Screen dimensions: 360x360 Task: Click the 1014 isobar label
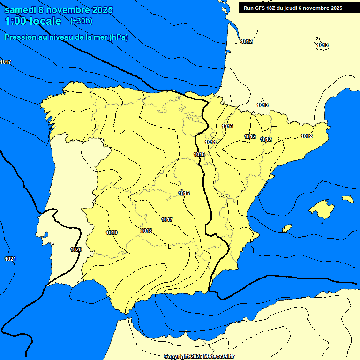[210, 142]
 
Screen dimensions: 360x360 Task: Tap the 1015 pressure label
[199, 154]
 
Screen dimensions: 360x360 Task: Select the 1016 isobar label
[184, 194]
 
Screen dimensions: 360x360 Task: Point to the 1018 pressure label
[146, 231]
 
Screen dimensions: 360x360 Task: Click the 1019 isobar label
[112, 232]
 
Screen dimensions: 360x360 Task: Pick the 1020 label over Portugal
[76, 249]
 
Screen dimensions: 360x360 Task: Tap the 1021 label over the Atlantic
[10, 259]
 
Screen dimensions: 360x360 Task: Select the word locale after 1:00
[45, 21]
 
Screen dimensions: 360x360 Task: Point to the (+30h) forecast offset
[81, 21]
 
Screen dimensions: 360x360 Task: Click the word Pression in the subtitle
[20, 37]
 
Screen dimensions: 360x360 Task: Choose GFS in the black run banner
[261, 8]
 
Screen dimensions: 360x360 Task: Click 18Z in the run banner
[273, 8]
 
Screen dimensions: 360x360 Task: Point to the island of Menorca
[347, 199]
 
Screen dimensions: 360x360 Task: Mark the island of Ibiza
[287, 228]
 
